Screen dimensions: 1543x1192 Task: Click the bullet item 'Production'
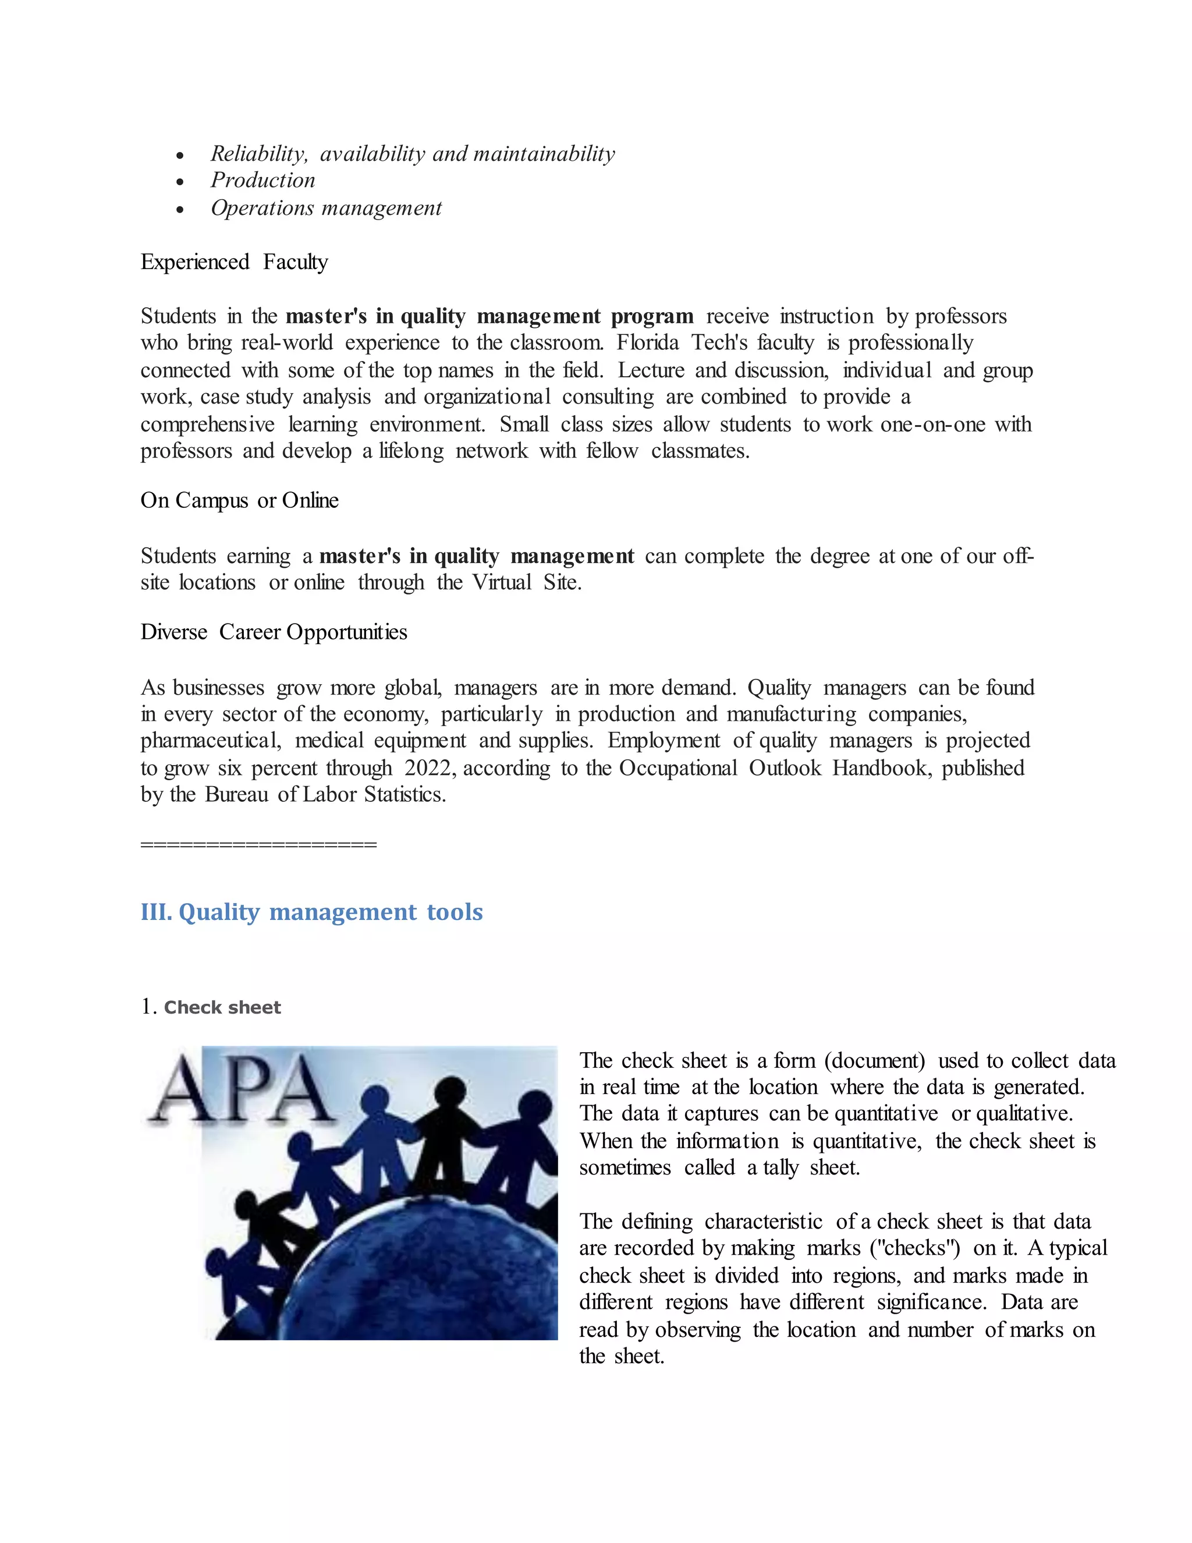coord(262,181)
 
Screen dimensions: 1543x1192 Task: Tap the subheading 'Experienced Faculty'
coord(234,262)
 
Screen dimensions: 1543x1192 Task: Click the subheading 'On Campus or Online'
coord(239,500)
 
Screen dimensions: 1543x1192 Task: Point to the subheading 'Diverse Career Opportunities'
coord(274,632)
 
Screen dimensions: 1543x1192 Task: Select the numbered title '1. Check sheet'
coord(211,1007)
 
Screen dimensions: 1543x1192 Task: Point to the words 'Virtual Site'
coord(526,583)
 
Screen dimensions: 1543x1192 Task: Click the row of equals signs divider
coord(258,844)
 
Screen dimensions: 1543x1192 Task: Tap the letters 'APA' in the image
coord(240,1089)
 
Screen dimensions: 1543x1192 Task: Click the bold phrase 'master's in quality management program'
coord(489,317)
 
